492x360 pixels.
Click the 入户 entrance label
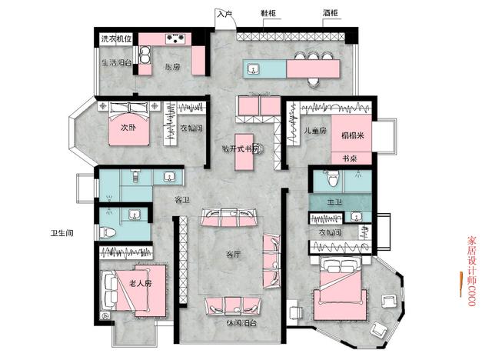(224, 14)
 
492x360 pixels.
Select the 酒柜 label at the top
(331, 14)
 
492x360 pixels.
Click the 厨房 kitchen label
(172, 67)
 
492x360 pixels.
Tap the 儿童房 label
(315, 131)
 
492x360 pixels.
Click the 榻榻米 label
(352, 135)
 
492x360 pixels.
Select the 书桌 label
(350, 158)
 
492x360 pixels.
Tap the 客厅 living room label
(234, 254)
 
